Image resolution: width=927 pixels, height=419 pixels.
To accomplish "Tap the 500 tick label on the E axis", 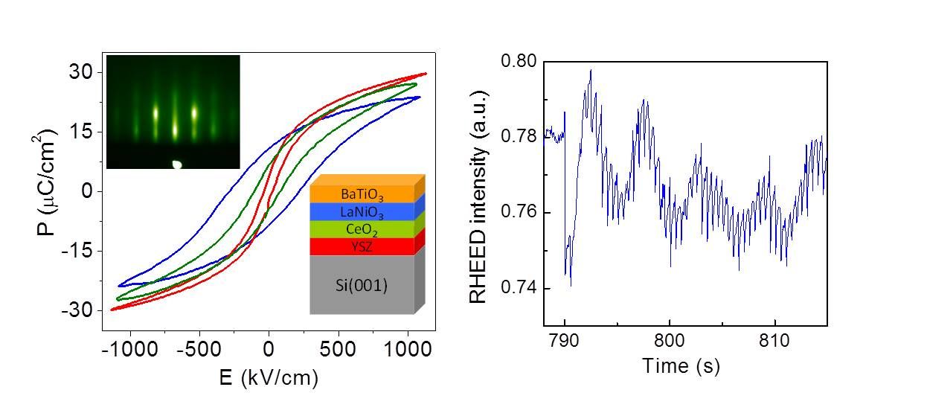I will click(x=339, y=350).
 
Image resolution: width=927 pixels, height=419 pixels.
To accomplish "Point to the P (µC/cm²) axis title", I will click(x=45, y=191).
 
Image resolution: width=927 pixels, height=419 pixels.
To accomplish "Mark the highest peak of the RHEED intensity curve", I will click(x=591, y=70).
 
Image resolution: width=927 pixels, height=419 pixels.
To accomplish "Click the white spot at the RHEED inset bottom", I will click(x=178, y=164).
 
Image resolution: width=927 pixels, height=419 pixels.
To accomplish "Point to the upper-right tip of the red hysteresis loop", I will click(x=426, y=73).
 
